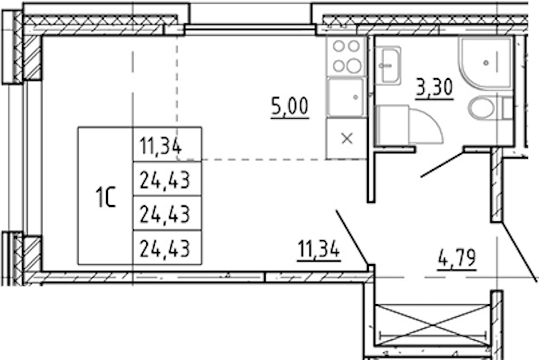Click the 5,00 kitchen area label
point(290,106)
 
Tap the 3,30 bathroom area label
point(434,87)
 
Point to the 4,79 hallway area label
point(457,258)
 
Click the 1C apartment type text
point(106,197)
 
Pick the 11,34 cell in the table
point(161,146)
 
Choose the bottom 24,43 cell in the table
point(165,248)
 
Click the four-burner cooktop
point(347,56)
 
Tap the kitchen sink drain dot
point(356,97)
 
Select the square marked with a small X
point(347,139)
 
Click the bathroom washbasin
point(388,65)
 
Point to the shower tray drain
point(486,63)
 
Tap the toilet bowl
point(481,108)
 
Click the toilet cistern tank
point(508,108)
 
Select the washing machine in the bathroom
point(392,125)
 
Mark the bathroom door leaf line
point(442,164)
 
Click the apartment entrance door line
point(519,252)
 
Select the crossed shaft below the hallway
point(432,325)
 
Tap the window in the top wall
point(250,29)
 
